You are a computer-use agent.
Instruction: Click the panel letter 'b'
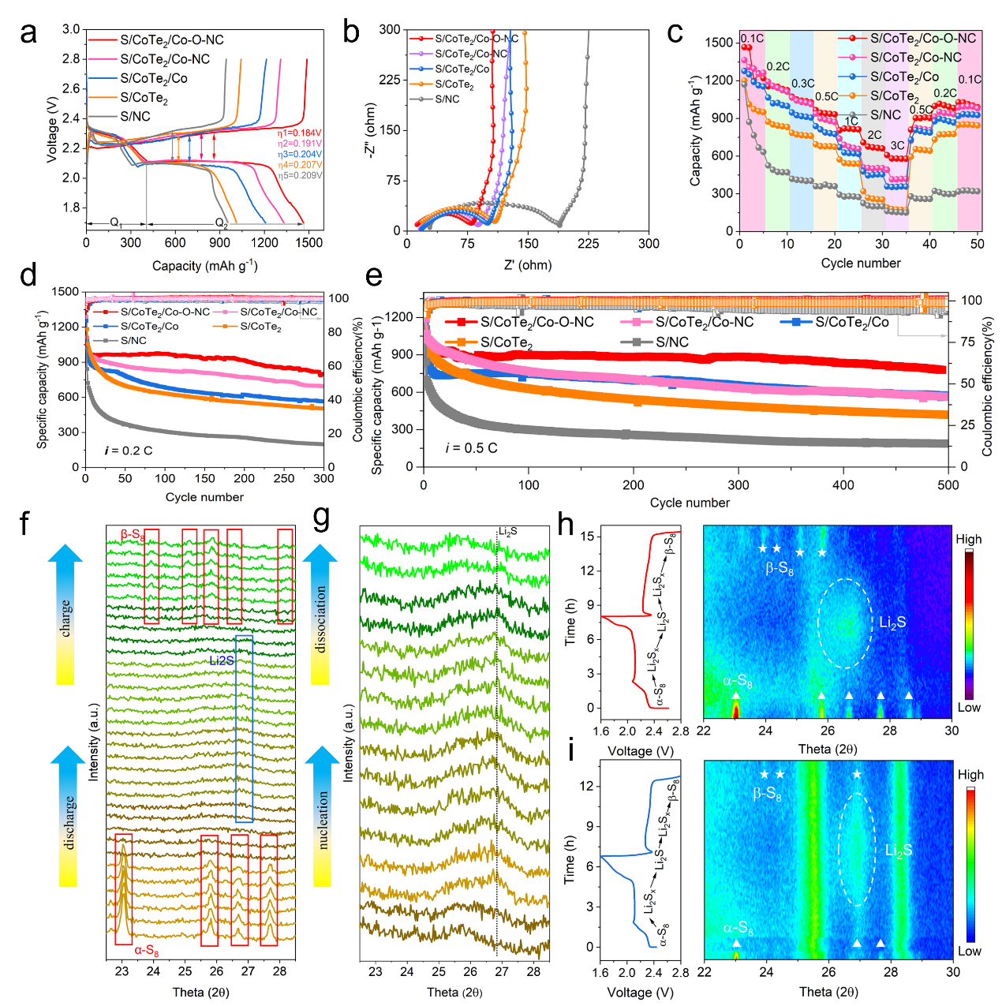pyautogui.click(x=351, y=33)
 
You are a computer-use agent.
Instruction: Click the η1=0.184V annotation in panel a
pyautogui.click(x=299, y=133)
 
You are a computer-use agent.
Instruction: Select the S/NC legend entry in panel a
pyautogui.click(x=135, y=117)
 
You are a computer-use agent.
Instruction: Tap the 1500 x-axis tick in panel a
pyautogui.click(x=310, y=243)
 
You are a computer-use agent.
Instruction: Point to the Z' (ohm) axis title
pyautogui.click(x=527, y=265)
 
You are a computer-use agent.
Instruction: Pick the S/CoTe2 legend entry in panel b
pyautogui.click(x=454, y=84)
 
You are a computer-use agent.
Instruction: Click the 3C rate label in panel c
pyautogui.click(x=897, y=146)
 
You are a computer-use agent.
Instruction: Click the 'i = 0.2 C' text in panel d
pyautogui.click(x=129, y=451)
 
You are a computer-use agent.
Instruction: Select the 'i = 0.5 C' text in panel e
pyautogui.click(x=471, y=448)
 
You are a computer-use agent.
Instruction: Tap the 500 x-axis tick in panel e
pyautogui.click(x=948, y=485)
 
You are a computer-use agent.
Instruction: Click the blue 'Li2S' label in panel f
pyautogui.click(x=222, y=660)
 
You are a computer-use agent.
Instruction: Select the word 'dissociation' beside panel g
pyautogui.click(x=321, y=619)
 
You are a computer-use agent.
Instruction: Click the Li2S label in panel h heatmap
pyautogui.click(x=892, y=623)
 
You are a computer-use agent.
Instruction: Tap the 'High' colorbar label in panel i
pyautogui.click(x=970, y=775)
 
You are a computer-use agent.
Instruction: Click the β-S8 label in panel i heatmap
pyautogui.click(x=767, y=794)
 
